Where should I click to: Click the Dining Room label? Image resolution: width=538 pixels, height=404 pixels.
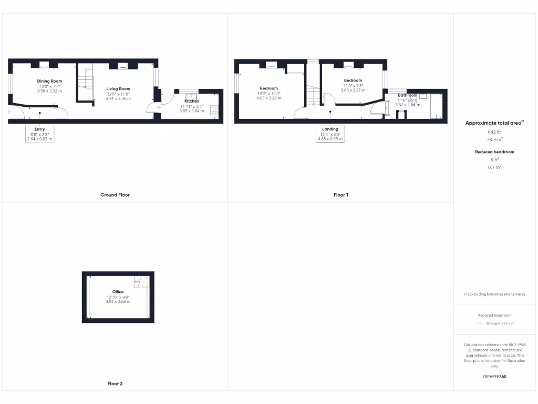tap(49, 81)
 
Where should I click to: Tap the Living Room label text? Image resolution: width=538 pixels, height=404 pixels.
tap(118, 89)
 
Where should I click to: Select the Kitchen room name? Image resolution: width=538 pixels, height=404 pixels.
tap(192, 101)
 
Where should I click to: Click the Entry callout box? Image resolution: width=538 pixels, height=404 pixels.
tap(40, 134)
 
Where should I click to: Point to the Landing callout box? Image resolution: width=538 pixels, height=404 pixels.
tap(330, 134)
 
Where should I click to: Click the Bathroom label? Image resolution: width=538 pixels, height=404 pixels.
tap(408, 95)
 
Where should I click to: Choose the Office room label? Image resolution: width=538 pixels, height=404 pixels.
tap(118, 291)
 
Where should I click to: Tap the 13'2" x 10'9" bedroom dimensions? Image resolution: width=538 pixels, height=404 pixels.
tap(268, 93)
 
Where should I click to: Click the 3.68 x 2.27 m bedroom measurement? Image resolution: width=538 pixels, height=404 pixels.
tap(353, 90)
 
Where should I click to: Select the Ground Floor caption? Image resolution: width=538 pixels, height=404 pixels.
tap(115, 195)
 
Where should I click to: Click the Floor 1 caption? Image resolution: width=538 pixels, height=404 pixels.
tap(340, 195)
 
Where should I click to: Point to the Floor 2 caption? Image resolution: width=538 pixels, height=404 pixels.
tap(115, 383)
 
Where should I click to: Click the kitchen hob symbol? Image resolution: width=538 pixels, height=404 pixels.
tap(215, 110)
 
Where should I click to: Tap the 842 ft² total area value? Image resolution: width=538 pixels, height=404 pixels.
tap(495, 132)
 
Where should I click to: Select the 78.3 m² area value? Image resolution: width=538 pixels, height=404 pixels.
tap(495, 140)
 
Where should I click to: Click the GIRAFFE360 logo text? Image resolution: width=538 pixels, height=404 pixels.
tap(494, 377)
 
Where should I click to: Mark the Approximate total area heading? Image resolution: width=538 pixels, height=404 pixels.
tap(494, 123)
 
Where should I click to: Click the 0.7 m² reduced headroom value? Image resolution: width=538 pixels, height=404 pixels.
tap(495, 167)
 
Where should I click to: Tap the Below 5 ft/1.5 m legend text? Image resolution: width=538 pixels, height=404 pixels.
tap(501, 324)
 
